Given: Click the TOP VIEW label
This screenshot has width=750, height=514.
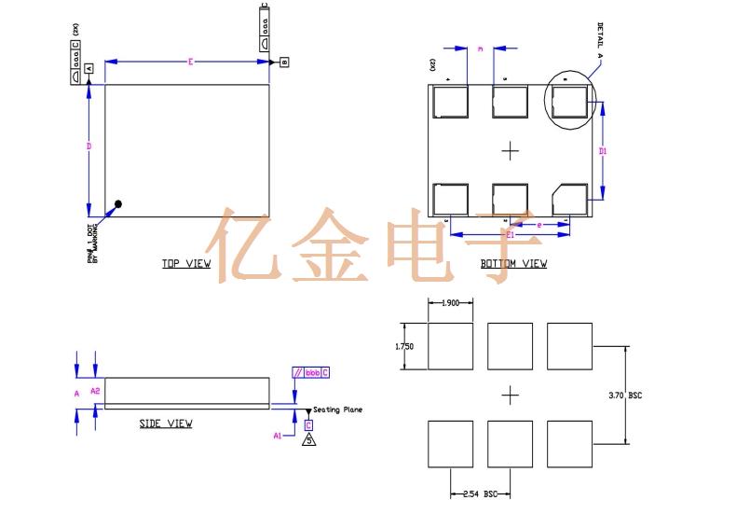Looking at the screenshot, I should [186, 264].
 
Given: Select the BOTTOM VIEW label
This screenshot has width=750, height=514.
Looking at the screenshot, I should [513, 264].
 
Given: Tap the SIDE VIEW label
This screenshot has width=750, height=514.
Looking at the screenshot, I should [166, 424].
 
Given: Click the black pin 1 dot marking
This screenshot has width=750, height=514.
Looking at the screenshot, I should [118, 204].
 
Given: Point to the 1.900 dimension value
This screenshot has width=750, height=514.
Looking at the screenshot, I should [451, 302].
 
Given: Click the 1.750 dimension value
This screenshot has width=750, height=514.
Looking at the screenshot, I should [403, 346].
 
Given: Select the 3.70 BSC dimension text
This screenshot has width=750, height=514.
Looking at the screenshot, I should [624, 396].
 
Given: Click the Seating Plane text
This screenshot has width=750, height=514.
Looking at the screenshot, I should [337, 410].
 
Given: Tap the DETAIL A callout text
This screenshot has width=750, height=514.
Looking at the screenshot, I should [600, 38].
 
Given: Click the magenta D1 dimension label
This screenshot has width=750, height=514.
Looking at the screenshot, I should [604, 150].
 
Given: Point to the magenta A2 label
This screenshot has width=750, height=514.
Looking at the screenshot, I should [94, 392].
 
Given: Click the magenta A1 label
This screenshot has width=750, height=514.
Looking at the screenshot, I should [277, 435].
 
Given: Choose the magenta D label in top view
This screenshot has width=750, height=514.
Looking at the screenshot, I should [89, 146].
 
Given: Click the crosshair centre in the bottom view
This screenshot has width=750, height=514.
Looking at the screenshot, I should [510, 150].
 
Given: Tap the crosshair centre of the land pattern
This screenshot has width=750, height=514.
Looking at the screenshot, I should [510, 396].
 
